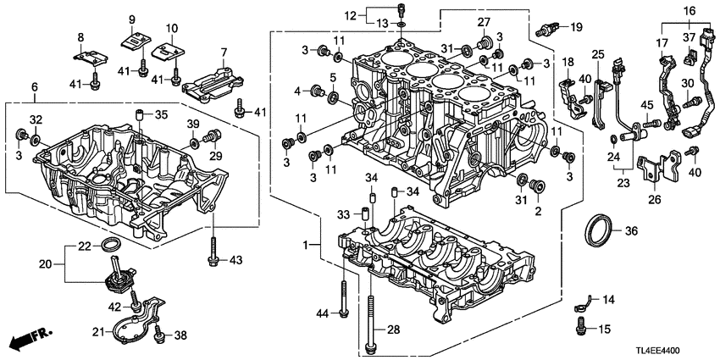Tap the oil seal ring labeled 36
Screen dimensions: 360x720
pos(601,230)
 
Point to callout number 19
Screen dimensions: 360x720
pos(576,27)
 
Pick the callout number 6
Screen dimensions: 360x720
pos(34,87)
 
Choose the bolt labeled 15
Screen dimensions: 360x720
pos(582,323)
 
